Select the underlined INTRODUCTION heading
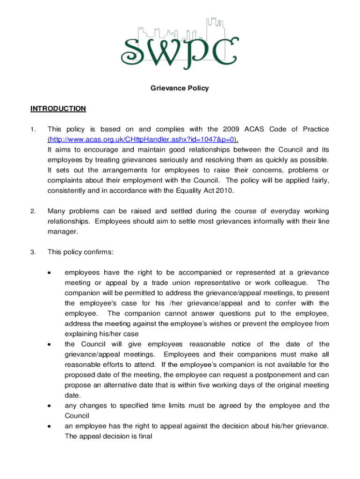click(x=58, y=109)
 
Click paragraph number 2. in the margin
click(x=33, y=211)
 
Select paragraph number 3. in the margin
click(x=33, y=253)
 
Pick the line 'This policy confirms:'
click(x=80, y=253)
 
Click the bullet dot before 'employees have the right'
click(x=49, y=273)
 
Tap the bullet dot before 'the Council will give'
click(x=49, y=345)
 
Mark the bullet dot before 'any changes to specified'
click(x=49, y=406)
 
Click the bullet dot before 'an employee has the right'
click(x=49, y=427)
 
